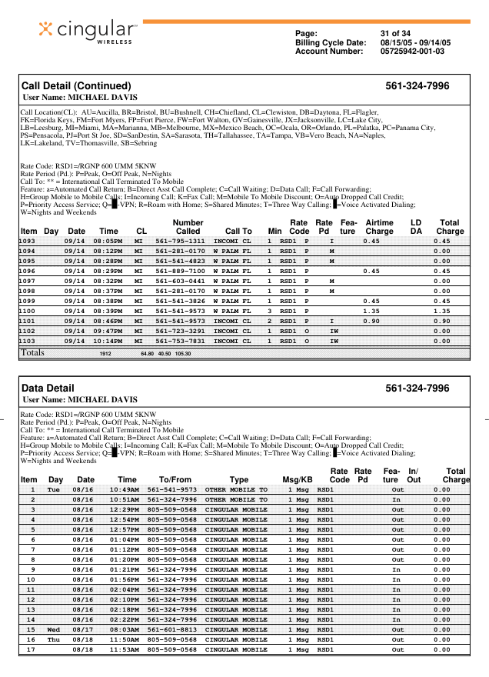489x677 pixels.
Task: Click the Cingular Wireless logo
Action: point(88,32)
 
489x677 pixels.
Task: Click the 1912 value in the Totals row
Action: point(106,354)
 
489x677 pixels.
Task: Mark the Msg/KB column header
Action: point(296,479)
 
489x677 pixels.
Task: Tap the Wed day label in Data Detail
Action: point(54,629)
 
